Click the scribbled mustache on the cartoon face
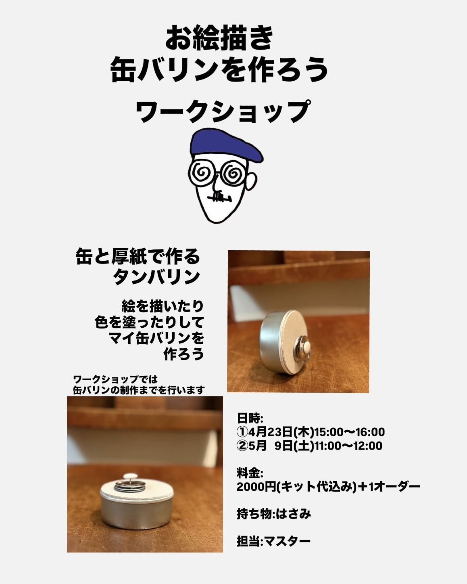click(220, 198)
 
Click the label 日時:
click(250, 418)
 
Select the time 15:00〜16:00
click(349, 432)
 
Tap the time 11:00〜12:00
click(348, 446)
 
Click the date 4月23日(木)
click(281, 432)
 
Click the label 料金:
click(250, 473)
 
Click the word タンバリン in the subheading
click(157, 277)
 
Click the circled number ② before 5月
click(243, 446)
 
